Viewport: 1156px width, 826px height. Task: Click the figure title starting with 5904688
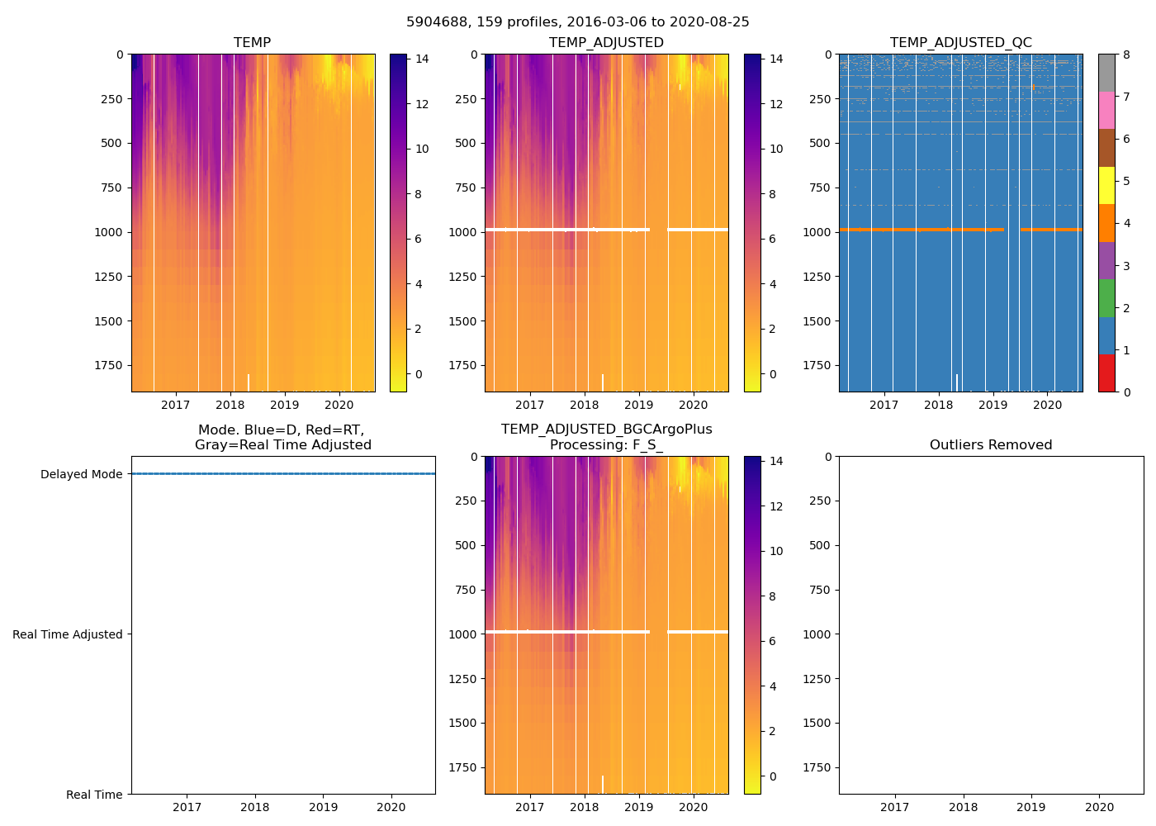578,22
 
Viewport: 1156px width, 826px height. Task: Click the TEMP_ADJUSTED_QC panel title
960,43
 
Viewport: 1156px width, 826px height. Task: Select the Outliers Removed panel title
991,445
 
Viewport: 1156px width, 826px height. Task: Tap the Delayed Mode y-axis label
81,474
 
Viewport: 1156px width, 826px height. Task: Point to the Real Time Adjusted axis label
68,634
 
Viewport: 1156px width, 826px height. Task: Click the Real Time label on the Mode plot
94,795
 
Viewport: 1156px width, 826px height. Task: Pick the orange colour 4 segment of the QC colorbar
1106,223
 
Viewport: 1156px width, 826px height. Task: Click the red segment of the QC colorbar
1106,373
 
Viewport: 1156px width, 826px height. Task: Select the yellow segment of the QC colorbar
1106,185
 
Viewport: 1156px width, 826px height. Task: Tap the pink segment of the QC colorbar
1106,110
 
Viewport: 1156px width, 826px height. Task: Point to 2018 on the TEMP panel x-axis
230,405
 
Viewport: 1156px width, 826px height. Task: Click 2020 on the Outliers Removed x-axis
1099,807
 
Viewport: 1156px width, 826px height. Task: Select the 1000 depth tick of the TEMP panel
108,232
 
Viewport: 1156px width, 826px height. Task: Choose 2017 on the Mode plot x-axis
187,807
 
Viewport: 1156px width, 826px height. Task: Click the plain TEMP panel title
252,43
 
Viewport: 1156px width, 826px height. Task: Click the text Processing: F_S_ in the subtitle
606,445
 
